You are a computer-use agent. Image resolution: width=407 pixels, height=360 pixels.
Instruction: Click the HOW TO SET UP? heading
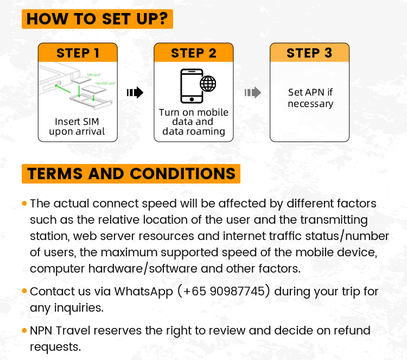(97, 18)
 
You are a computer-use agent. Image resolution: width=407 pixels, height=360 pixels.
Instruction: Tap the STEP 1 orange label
(78, 53)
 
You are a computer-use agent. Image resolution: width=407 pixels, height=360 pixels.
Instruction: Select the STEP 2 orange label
(194, 53)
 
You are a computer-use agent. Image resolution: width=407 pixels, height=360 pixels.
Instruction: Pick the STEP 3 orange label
(309, 53)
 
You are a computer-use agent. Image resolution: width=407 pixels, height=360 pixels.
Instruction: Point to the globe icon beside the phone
(208, 84)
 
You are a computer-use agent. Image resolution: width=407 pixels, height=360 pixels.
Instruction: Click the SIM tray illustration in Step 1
(77, 87)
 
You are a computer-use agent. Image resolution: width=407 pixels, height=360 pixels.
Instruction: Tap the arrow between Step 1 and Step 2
(135, 93)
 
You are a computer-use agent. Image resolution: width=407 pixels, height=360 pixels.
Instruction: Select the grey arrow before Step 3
(252, 93)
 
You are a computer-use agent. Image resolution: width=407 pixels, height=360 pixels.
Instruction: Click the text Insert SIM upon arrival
(77, 126)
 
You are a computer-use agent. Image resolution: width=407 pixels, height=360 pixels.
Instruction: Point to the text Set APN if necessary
(310, 98)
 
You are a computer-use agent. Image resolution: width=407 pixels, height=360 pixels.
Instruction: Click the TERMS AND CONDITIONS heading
(131, 174)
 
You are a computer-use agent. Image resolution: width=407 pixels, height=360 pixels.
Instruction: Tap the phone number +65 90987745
(227, 291)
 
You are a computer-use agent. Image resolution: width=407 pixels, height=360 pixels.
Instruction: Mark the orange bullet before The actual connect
(24, 204)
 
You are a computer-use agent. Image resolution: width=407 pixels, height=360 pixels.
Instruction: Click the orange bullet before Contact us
(24, 291)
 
